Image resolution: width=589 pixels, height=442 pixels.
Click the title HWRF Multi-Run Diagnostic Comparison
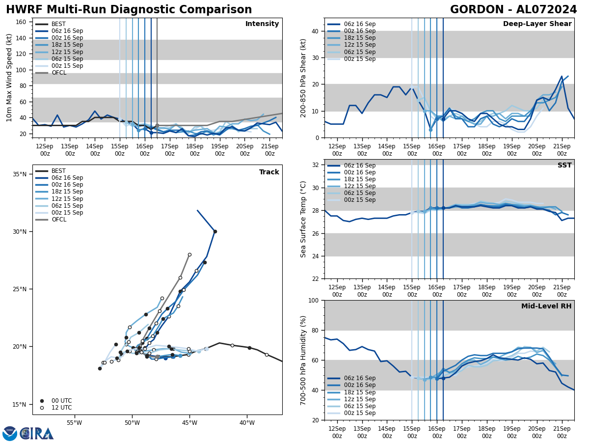click(x=129, y=10)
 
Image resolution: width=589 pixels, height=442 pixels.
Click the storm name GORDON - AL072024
click(x=513, y=10)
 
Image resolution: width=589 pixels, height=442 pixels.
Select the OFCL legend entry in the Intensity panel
click(x=59, y=73)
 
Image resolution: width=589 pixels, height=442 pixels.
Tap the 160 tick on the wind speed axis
click(x=22, y=22)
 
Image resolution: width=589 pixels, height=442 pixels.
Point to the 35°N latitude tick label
click(x=20, y=174)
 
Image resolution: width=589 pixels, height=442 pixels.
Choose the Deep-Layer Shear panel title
click(x=537, y=24)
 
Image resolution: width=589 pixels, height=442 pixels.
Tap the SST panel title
click(x=564, y=166)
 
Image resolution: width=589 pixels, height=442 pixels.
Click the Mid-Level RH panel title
click(x=546, y=306)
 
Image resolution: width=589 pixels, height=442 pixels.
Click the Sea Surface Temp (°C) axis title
click(x=304, y=219)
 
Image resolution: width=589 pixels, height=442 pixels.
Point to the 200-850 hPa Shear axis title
click(x=304, y=78)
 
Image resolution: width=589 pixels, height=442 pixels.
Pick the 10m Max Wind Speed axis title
click(x=10, y=78)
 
